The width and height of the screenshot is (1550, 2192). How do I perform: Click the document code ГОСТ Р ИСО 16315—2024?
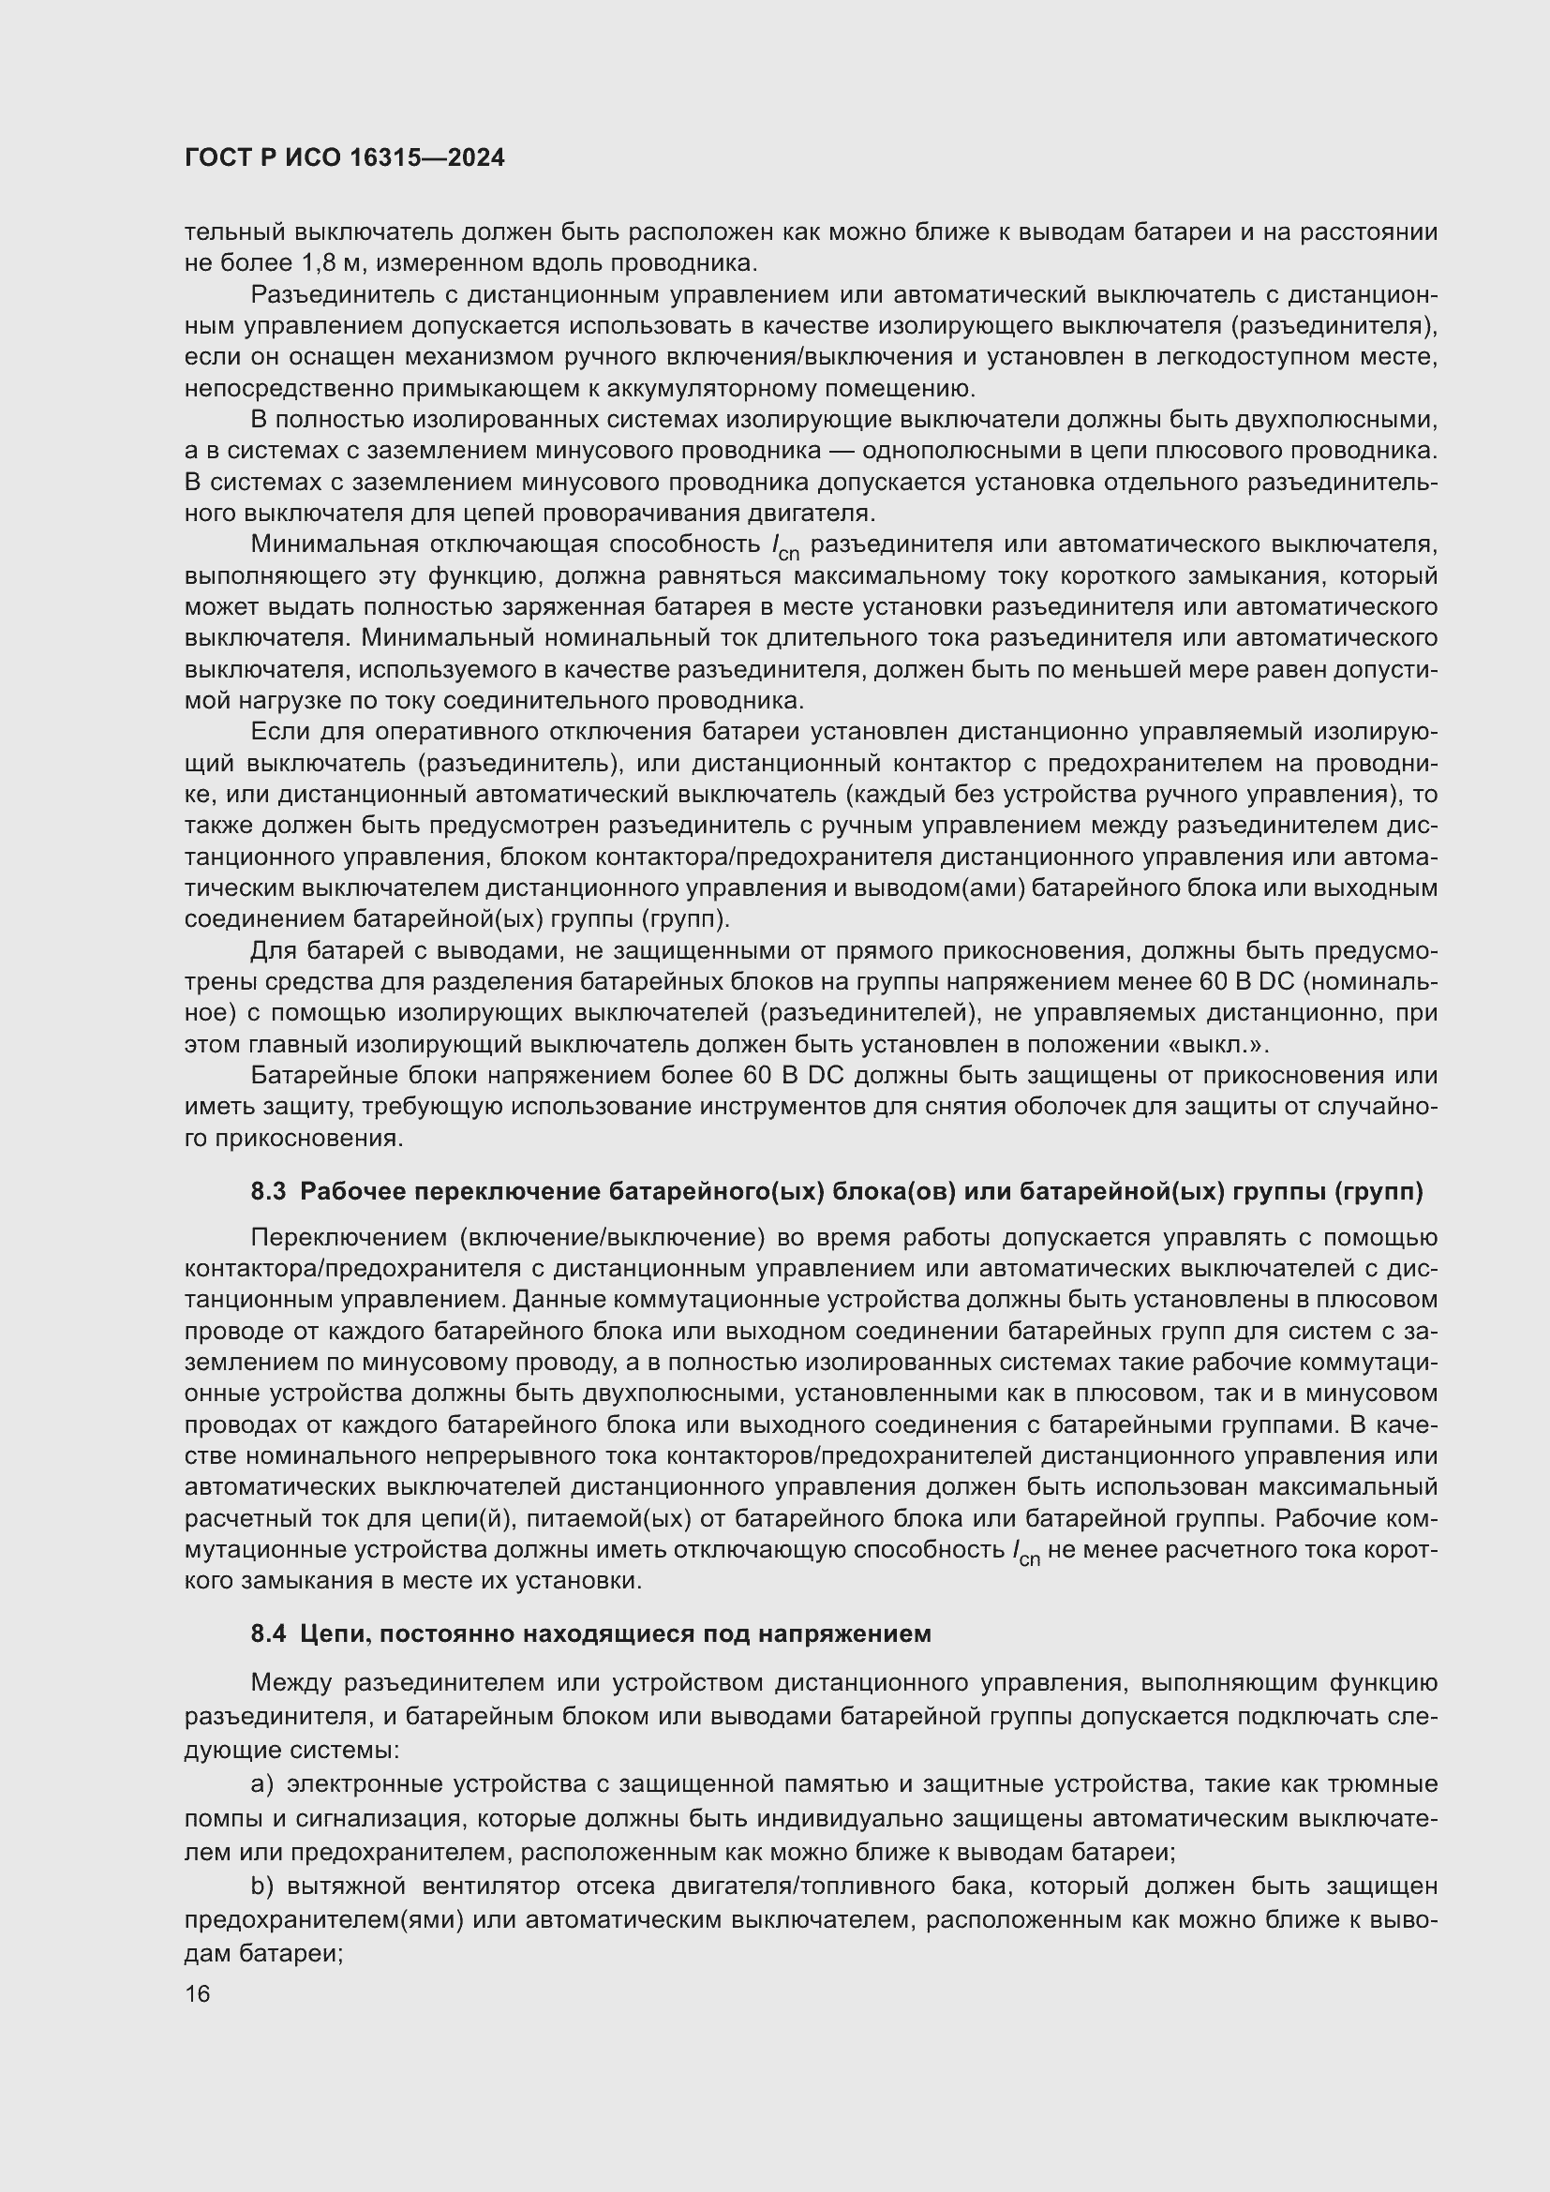pyautogui.click(x=345, y=158)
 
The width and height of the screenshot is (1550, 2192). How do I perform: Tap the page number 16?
pyautogui.click(x=198, y=1994)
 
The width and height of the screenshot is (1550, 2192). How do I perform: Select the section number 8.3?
pyautogui.click(x=268, y=1191)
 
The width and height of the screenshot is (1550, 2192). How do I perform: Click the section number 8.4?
pyautogui.click(x=268, y=1633)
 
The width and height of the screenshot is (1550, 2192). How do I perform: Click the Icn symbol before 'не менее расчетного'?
pyautogui.click(x=1026, y=1553)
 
